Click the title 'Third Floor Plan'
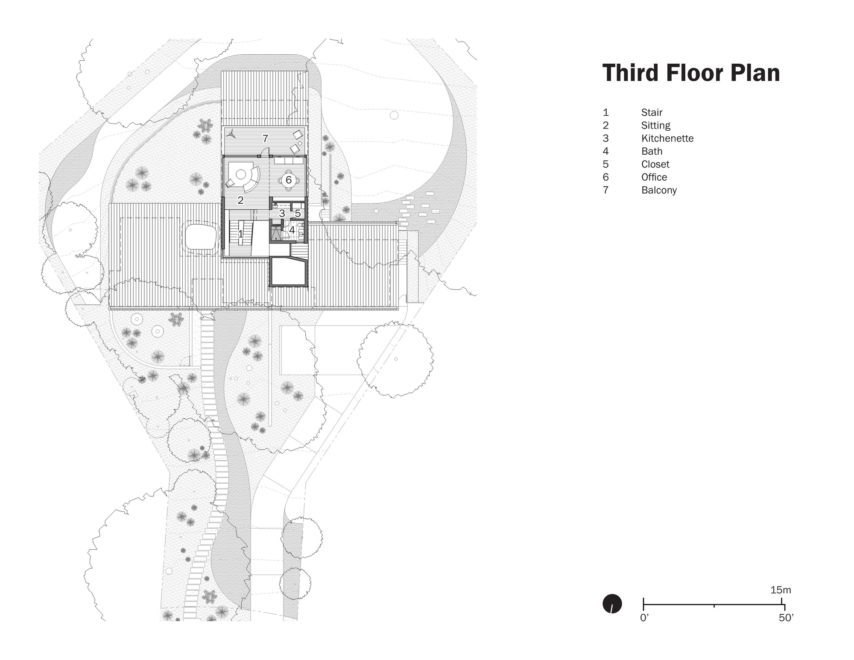[691, 73]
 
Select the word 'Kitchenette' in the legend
[667, 138]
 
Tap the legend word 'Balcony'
[659, 190]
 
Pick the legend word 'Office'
[654, 177]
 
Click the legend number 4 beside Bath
[605, 151]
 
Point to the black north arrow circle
[612, 604]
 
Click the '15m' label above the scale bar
[781, 590]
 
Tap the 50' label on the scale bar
[786, 618]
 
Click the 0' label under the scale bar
[644, 618]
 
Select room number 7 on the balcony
[265, 138]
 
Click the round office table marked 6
[289, 180]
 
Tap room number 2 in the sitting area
[240, 200]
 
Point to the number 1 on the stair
[240, 234]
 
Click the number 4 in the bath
[292, 230]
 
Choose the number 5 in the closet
[298, 213]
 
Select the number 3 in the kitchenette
[282, 213]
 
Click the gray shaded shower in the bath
[275, 234]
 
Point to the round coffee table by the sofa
[240, 174]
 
